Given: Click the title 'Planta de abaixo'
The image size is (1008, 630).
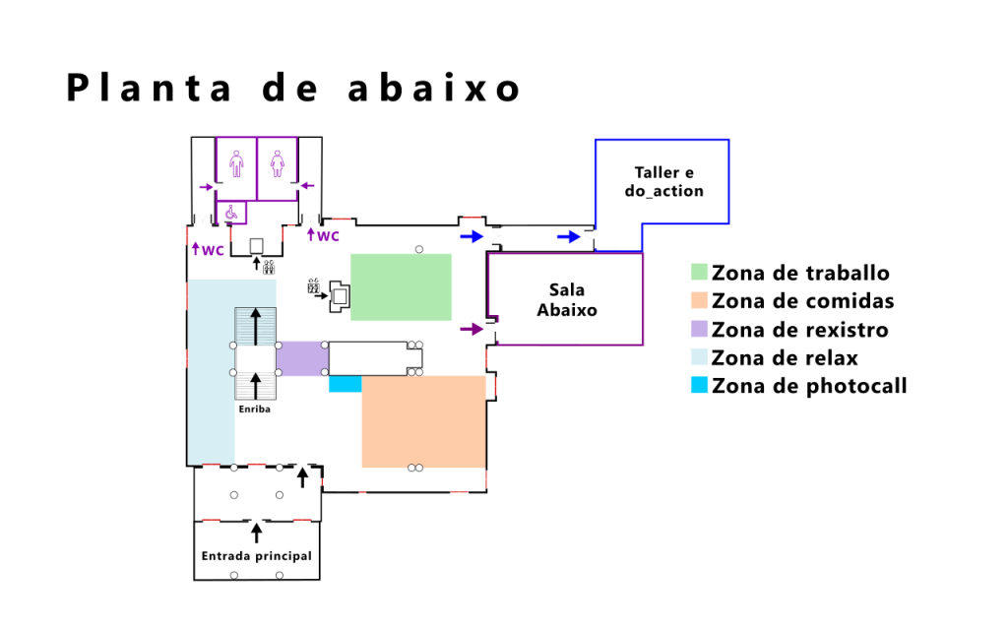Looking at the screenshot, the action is click(x=293, y=88).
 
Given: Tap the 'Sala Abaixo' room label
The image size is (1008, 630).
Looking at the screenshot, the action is click(x=567, y=299).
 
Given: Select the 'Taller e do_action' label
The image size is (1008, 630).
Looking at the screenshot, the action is click(x=664, y=181).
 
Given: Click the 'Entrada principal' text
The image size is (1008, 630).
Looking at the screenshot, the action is click(x=257, y=556).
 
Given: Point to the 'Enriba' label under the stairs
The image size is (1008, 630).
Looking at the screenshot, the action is click(x=255, y=409).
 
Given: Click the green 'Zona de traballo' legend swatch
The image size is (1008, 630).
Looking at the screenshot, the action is click(x=700, y=272).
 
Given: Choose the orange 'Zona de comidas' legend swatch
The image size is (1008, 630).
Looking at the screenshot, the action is click(x=700, y=300).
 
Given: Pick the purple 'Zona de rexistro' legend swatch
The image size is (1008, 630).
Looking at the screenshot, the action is click(x=700, y=329).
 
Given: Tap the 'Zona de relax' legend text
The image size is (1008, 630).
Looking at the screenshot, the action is click(x=785, y=357).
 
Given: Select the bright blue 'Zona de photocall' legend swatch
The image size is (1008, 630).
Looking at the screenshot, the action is click(x=700, y=385).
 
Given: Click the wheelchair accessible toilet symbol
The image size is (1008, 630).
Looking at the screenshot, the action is click(x=231, y=212).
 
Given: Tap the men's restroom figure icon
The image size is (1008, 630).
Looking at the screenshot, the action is click(x=236, y=164).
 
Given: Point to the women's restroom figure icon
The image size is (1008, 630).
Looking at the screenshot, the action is click(x=277, y=164).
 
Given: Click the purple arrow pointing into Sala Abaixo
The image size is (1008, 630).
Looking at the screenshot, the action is click(x=472, y=329).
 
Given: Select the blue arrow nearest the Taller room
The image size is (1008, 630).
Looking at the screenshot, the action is click(x=568, y=237).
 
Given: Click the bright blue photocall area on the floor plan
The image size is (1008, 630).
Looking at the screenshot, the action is click(x=346, y=384).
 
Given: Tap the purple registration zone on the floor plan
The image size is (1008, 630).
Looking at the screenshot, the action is click(x=302, y=358).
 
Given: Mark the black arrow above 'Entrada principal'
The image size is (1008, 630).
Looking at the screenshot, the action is click(x=257, y=533).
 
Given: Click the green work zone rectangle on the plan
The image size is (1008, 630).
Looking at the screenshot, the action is click(x=402, y=287).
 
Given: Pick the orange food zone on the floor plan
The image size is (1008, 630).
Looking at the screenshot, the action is click(x=423, y=421).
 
